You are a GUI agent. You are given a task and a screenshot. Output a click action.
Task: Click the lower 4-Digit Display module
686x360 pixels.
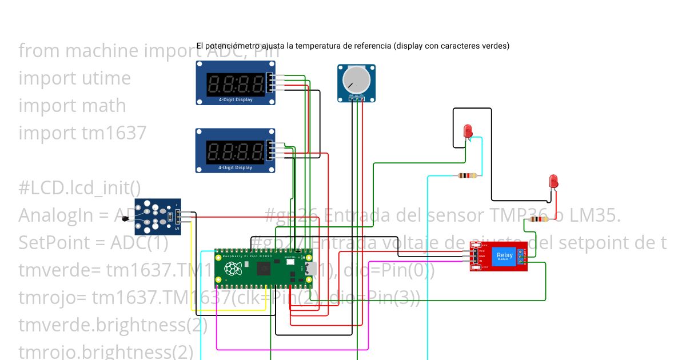click(235, 150)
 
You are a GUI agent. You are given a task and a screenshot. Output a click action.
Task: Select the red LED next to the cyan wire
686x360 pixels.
click(468, 131)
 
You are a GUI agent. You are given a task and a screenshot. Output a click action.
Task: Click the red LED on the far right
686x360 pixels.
click(553, 182)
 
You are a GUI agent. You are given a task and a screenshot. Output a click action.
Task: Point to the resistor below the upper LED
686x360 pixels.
click(467, 176)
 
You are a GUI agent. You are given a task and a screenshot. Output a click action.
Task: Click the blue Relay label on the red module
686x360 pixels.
click(505, 256)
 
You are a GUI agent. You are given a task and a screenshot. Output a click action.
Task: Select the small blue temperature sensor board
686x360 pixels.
click(156, 217)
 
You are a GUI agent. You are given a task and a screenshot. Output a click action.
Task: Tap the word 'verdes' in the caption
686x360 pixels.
click(495, 46)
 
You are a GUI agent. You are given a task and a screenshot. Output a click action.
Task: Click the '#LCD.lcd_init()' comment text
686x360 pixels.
click(79, 187)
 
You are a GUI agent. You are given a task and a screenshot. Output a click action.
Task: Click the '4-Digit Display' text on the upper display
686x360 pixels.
click(235, 99)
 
